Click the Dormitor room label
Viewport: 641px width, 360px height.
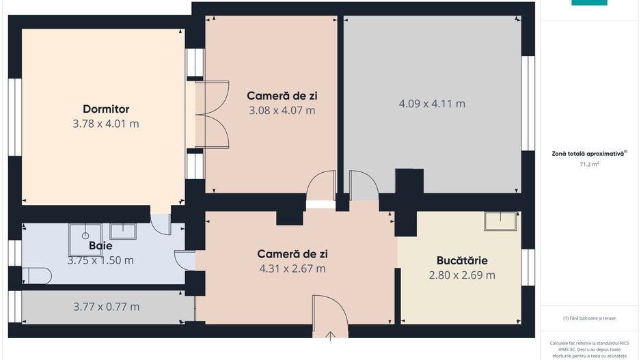click(106, 109)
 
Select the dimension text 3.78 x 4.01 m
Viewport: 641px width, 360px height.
click(106, 124)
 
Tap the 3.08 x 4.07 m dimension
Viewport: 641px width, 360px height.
click(282, 110)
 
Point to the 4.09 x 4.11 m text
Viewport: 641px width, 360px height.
click(432, 104)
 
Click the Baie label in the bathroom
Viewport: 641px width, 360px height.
click(100, 245)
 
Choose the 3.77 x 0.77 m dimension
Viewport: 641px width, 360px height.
click(106, 307)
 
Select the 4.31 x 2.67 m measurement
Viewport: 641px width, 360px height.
click(292, 268)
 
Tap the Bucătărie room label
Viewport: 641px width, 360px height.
click(462, 260)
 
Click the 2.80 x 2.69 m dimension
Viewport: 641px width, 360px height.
click(462, 275)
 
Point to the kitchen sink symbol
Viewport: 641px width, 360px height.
click(500, 221)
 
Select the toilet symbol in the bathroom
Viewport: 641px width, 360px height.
click(37, 275)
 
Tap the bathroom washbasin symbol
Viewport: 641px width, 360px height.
click(123, 231)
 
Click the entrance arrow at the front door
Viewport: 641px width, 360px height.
click(331, 335)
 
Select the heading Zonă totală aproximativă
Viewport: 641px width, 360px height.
click(589, 154)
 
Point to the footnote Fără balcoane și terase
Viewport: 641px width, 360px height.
click(589, 318)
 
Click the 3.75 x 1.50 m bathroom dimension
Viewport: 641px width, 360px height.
click(100, 260)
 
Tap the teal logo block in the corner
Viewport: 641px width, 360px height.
click(589, 3)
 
